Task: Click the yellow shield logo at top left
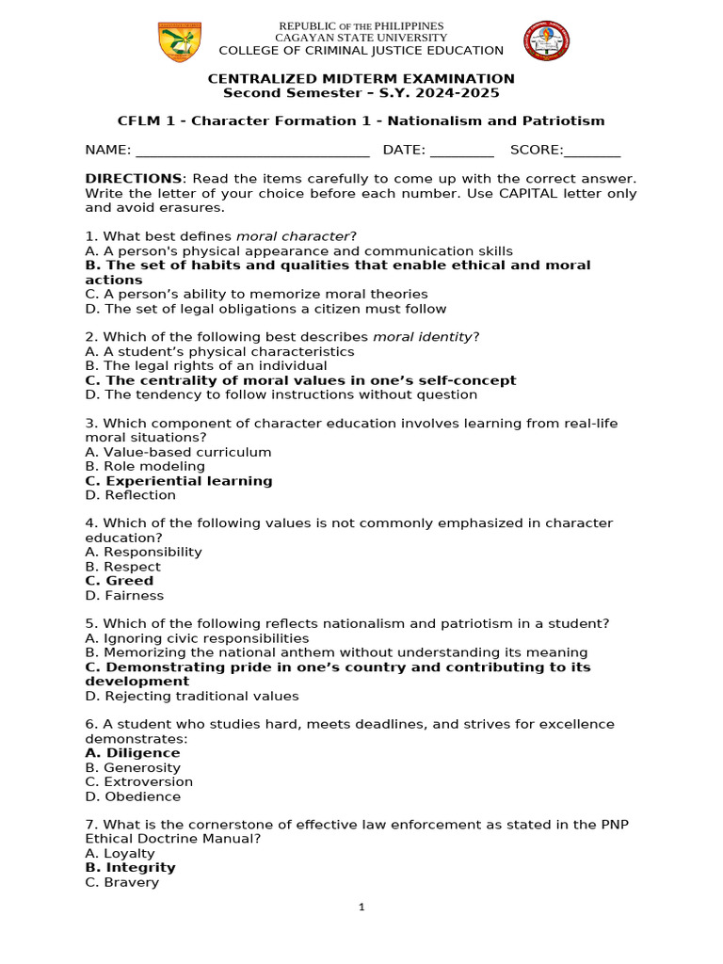179,42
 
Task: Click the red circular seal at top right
546,42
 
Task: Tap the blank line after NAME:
252,151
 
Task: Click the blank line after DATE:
461,151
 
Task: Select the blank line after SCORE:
592,151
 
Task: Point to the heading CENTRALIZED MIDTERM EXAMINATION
361,79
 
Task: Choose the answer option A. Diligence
132,753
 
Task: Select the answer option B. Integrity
130,868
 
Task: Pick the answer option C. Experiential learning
178,481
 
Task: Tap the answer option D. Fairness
123,596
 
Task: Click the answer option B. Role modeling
144,467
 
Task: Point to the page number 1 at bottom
361,908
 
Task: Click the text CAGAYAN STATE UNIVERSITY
361,38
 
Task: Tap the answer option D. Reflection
130,495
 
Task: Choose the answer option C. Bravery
121,883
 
